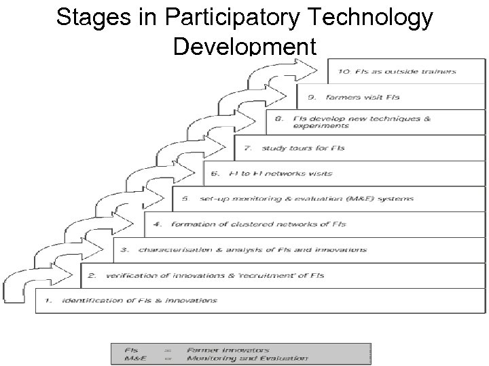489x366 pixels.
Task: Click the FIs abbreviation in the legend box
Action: pyautogui.click(x=131, y=350)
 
